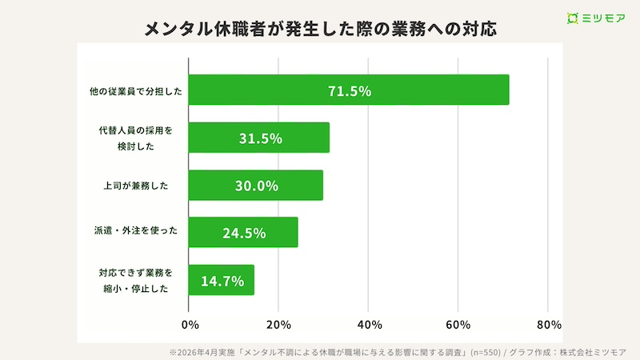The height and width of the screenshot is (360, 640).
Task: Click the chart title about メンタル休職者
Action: click(x=320, y=29)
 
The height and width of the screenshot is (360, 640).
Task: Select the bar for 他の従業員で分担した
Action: click(x=349, y=90)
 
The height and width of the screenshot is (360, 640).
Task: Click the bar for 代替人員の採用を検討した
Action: click(x=259, y=138)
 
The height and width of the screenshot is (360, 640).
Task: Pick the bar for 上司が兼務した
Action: click(x=254, y=186)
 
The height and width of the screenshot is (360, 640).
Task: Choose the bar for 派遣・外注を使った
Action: click(x=243, y=233)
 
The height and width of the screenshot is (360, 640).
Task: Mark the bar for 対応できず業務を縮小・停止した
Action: click(x=222, y=280)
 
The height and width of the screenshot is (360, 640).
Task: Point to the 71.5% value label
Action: click(x=350, y=91)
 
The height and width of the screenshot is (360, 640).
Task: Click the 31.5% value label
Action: click(x=260, y=138)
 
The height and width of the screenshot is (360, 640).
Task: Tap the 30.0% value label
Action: click(x=256, y=186)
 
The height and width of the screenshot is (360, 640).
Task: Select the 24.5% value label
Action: click(x=243, y=234)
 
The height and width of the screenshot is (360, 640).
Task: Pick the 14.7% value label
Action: click(x=222, y=281)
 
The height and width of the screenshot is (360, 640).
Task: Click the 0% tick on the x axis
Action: click(x=190, y=325)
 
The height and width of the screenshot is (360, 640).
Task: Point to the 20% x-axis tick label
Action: click(x=278, y=325)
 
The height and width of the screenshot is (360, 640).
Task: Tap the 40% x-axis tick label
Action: click(x=368, y=325)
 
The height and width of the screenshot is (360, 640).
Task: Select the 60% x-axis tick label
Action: click(x=458, y=325)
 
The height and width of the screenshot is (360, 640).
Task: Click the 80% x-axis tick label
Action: click(x=548, y=325)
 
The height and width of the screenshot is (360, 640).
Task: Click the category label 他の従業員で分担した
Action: click(x=135, y=91)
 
